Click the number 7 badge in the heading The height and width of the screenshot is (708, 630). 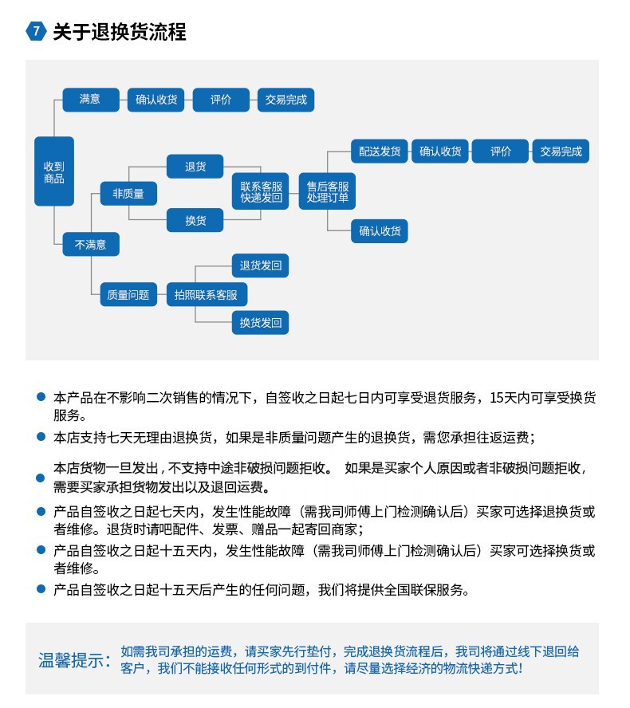pyautogui.click(x=36, y=32)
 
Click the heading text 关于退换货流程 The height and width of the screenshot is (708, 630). pyautogui.click(x=119, y=32)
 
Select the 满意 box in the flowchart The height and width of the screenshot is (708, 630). pyautogui.click(x=90, y=100)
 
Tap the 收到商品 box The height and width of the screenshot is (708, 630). pyautogui.click(x=54, y=172)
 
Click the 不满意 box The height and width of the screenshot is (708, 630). pyautogui.click(x=90, y=244)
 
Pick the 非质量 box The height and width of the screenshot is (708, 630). pyautogui.click(x=128, y=194)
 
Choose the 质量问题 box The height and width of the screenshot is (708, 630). pyautogui.click(x=128, y=294)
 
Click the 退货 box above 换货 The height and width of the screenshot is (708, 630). pyautogui.click(x=195, y=167)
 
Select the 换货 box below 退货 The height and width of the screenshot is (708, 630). pyautogui.click(x=195, y=220)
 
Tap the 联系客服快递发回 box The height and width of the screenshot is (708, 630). pyautogui.click(x=262, y=192)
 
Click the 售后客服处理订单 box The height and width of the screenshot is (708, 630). pyautogui.click(x=327, y=192)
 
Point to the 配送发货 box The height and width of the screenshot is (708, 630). pyautogui.click(x=380, y=151)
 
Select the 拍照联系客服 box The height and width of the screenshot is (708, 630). pyautogui.click(x=206, y=294)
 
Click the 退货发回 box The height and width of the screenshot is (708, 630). pyautogui.click(x=260, y=265)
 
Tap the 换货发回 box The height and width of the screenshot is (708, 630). pyautogui.click(x=260, y=322)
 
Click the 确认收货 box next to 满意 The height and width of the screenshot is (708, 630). pyautogui.click(x=156, y=100)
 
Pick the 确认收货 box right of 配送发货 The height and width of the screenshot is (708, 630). pyautogui.click(x=440, y=151)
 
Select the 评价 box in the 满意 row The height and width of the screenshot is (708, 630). pyautogui.click(x=220, y=100)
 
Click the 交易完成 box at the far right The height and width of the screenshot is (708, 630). pyautogui.click(x=561, y=151)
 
